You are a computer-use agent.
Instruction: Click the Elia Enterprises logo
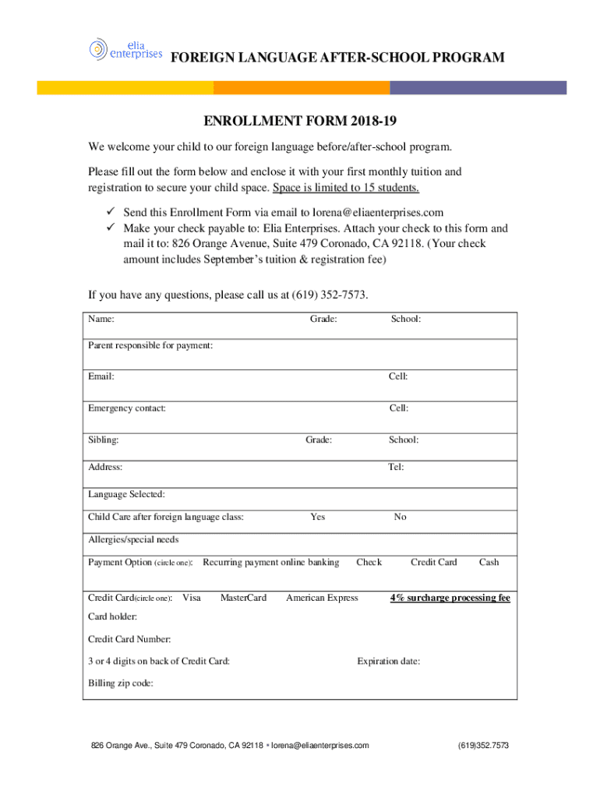125,49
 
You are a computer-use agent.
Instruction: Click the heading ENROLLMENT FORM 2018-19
300,122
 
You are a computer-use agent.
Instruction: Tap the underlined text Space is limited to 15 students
345,188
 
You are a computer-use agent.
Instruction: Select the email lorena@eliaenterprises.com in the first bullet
378,212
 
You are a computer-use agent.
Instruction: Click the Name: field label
101,319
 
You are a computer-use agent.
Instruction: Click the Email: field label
101,376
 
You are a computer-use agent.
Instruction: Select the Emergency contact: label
127,408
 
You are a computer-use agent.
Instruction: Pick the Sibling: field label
104,440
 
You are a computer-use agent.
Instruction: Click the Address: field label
105,467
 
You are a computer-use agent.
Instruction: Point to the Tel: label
396,467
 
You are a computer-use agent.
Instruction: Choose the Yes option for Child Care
318,517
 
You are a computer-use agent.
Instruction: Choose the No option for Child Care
400,517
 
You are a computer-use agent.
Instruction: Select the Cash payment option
489,562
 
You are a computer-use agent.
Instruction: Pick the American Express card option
322,598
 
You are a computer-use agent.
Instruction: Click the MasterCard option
243,598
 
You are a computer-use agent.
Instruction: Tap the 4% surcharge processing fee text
450,598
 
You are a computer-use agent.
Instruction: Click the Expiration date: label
389,662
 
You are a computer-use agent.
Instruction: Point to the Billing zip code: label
121,683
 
